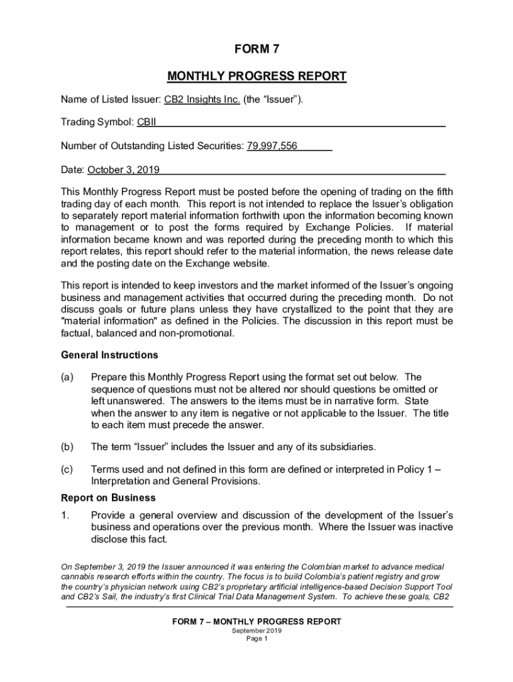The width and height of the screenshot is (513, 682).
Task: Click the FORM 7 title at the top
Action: pos(256,49)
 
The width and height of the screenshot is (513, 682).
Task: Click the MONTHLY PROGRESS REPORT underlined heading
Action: pos(256,76)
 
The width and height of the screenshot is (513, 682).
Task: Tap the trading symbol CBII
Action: pos(147,123)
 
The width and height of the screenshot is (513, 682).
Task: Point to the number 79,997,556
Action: pos(272,146)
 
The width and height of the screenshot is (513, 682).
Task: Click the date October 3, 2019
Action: pos(123,170)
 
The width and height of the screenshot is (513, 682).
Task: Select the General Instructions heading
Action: pos(109,355)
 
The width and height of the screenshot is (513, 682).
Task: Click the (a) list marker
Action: pos(67,378)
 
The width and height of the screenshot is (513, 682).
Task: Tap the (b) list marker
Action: pos(67,446)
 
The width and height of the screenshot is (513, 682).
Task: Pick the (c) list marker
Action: pos(67,470)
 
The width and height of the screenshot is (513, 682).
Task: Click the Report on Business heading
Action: pos(108,498)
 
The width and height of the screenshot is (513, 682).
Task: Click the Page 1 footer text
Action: pos(256,638)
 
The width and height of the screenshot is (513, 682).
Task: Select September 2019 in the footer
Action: pos(256,630)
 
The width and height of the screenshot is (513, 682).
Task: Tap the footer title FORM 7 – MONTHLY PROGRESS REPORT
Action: pos(256,621)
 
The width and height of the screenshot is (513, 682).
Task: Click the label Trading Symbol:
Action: pos(97,123)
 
